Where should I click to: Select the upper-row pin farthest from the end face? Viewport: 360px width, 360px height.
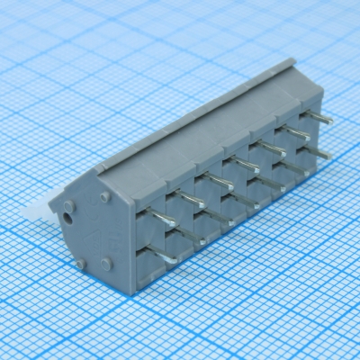[323, 117]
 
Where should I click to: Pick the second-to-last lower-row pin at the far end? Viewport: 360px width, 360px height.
[296, 170]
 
